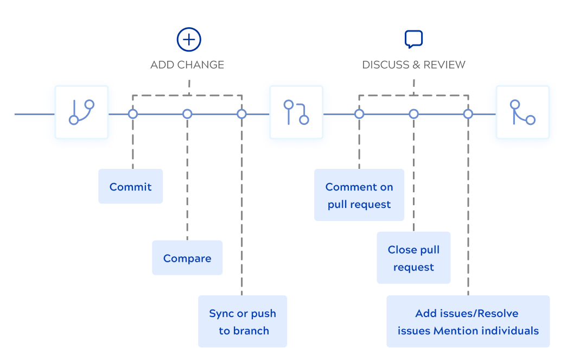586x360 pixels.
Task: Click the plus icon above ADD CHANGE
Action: [x=189, y=40]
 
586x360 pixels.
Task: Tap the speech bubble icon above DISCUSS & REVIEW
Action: [x=413, y=39]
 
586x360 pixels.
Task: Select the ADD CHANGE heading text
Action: [x=187, y=65]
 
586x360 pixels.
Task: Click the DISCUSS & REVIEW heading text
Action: [x=413, y=65]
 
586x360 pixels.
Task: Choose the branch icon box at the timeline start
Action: [x=81, y=112]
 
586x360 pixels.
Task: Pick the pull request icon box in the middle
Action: [x=296, y=112]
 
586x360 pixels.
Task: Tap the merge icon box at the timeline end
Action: [x=523, y=112]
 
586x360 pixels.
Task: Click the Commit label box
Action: [x=130, y=186]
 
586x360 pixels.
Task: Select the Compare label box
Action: [x=187, y=258]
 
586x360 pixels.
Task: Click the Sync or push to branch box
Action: [x=243, y=321]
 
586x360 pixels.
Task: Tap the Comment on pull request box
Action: [x=359, y=195]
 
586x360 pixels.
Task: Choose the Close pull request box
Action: [x=413, y=258]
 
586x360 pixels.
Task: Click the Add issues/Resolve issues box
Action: [x=468, y=321]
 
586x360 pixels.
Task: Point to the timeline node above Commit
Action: [x=133, y=114]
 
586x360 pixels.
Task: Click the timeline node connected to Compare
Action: [x=187, y=114]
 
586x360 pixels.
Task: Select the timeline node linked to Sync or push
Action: [x=242, y=114]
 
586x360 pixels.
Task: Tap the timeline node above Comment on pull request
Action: [x=359, y=114]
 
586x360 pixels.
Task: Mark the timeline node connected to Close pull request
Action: [x=413, y=114]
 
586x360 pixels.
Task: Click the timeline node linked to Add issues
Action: [x=468, y=114]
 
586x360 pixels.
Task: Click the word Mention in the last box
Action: [x=453, y=331]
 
